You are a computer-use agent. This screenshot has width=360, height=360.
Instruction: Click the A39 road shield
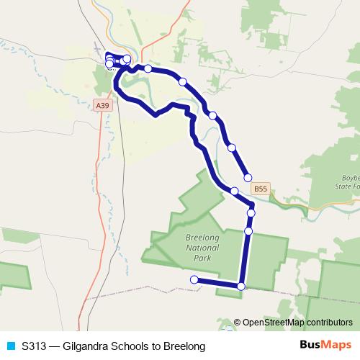coord(103,105)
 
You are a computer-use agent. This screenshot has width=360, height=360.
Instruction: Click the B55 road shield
coord(261,189)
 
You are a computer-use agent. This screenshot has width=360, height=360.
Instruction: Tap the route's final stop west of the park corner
coord(194,279)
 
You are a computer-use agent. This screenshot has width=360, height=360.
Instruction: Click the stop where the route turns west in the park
coord(240,287)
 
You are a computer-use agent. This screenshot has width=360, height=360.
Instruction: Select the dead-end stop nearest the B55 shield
coord(248,177)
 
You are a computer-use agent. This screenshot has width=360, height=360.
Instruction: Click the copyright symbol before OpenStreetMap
coord(237,323)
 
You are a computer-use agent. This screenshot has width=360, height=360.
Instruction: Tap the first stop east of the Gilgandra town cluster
coord(148,69)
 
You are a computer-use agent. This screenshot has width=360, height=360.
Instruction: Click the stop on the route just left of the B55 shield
coord(234,191)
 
